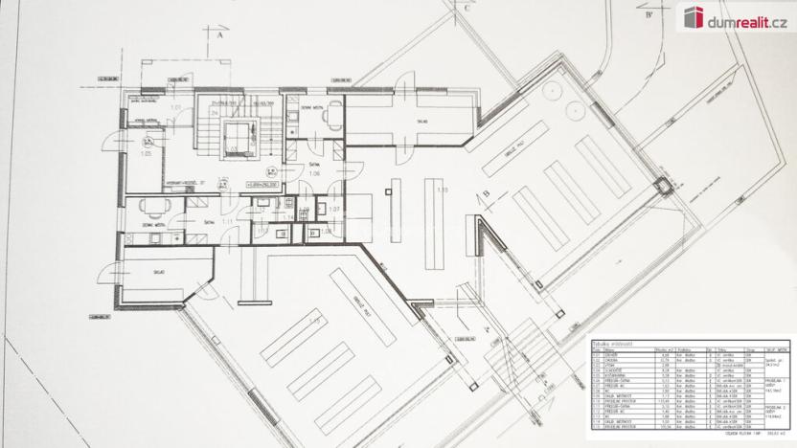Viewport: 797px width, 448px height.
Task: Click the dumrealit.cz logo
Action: tap(735, 17)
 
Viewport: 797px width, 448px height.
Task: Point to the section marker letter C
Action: tap(467, 9)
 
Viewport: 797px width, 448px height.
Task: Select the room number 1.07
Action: tap(334, 209)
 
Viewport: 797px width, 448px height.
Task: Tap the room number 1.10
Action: tap(442, 190)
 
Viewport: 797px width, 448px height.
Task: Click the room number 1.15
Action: tap(313, 320)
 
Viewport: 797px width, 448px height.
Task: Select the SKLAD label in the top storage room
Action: tap(421, 122)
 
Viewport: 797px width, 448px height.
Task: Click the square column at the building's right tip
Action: tap(660, 186)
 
